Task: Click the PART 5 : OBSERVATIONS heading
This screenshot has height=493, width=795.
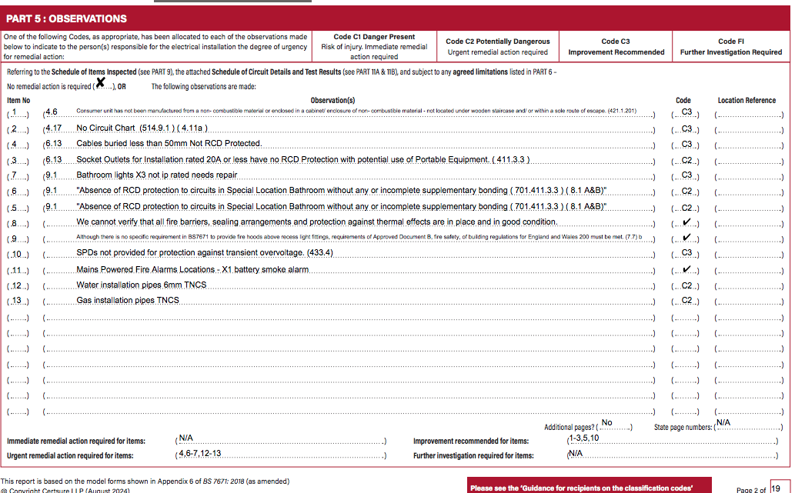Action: [x=66, y=18]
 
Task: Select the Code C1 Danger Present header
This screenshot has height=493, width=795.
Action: [x=374, y=37]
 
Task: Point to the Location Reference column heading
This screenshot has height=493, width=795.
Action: [x=747, y=100]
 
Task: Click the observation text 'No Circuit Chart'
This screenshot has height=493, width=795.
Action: [x=106, y=128]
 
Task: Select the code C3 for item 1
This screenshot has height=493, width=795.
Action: [x=686, y=112]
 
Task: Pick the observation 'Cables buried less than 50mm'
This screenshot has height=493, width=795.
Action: [x=169, y=144]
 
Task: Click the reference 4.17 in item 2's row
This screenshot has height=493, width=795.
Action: [x=54, y=128]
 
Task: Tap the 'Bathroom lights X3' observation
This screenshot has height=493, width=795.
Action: [x=157, y=175]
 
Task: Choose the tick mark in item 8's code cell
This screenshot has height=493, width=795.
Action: [x=686, y=223]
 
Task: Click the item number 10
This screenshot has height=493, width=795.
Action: [x=18, y=255]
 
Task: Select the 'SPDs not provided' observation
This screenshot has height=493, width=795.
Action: [x=205, y=253]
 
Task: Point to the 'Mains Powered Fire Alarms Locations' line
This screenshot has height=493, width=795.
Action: [x=192, y=270]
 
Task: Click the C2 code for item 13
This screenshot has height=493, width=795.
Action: [x=686, y=301]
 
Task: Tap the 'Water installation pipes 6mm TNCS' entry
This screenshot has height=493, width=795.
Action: [x=142, y=285]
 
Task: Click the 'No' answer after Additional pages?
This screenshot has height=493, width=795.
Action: [x=607, y=423]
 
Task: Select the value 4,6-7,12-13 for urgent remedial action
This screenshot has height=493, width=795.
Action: [x=199, y=454]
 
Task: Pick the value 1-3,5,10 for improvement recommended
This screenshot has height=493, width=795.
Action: [x=583, y=438]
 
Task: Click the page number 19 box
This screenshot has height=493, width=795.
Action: [x=775, y=488]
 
